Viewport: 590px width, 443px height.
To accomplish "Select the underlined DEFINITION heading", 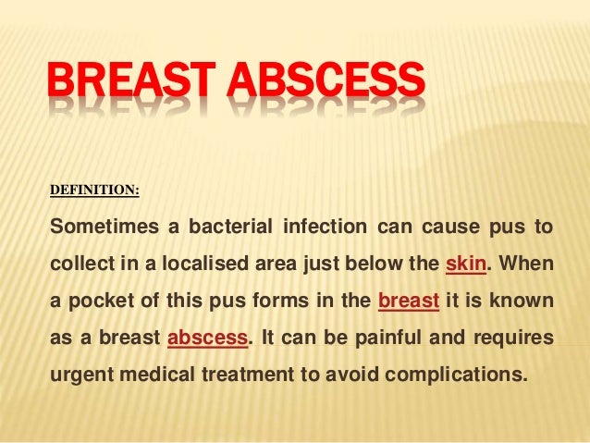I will pos(93,190).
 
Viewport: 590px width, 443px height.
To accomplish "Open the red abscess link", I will pos(207,338).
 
